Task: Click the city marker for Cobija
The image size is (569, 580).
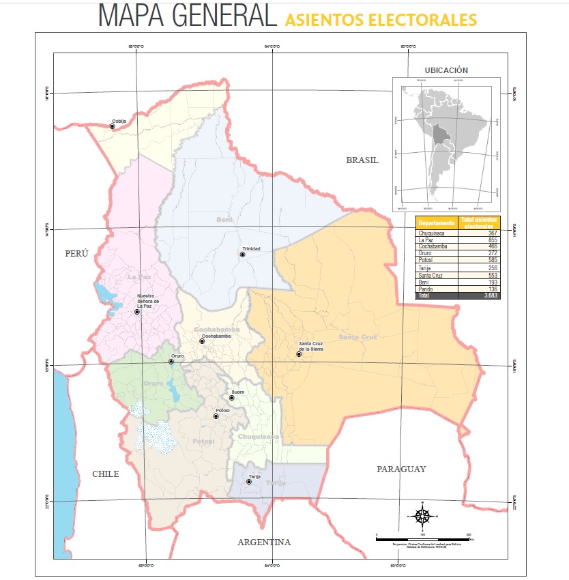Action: point(113,126)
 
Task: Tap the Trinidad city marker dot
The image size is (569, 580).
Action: point(242,255)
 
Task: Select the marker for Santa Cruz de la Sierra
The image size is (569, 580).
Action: point(299,354)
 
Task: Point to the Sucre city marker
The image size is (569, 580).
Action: point(232,398)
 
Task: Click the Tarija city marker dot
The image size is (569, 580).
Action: point(249,482)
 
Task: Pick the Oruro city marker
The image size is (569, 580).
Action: point(171,362)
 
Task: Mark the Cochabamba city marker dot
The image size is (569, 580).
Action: point(202,341)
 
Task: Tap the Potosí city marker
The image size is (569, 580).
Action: point(217,416)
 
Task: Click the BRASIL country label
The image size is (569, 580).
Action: point(362,160)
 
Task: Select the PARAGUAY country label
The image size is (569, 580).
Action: point(401,469)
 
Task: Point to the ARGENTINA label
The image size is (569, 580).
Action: point(264,542)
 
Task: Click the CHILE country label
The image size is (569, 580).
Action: point(106,474)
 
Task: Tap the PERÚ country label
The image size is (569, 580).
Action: point(77,253)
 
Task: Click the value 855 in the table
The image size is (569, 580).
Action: point(493,240)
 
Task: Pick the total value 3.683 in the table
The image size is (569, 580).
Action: point(491,295)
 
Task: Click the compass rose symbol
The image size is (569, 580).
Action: point(422,516)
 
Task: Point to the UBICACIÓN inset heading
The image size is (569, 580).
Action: point(446,70)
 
